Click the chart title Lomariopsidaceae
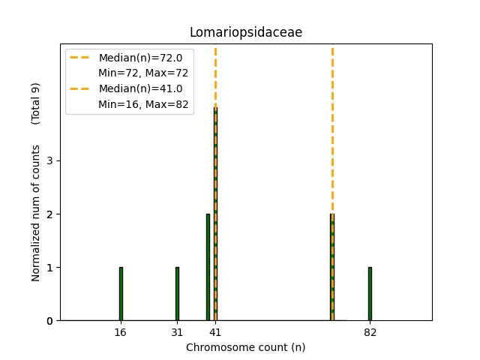pos(246,32)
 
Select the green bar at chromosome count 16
pos(121,294)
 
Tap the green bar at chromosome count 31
pos(177,294)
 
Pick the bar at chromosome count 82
pos(370,294)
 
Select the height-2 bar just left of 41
pos(208,267)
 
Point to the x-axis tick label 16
pos(121,332)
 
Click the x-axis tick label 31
pos(177,332)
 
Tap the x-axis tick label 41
pos(215,332)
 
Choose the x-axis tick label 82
pos(370,332)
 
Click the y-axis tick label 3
pos(48,160)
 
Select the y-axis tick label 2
pos(48,214)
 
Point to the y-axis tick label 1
pos(48,268)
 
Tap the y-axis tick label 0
pos(48,321)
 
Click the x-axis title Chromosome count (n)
pos(246,347)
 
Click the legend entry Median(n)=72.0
pos(135,58)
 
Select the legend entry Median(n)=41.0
pos(135,88)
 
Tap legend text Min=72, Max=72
pos(143,73)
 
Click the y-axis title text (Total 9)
pos(35,103)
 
